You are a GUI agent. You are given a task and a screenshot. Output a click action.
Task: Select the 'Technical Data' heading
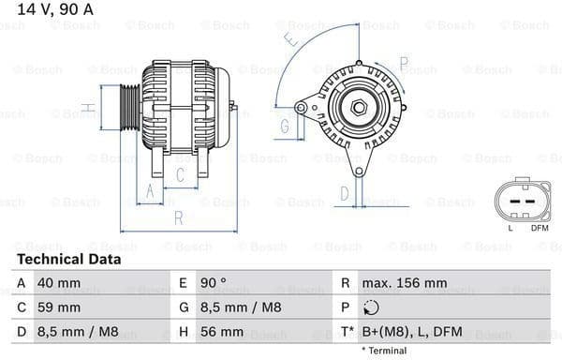pyautogui.click(x=68, y=259)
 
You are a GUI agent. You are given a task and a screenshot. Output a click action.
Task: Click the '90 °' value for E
pyautogui.click(x=214, y=282)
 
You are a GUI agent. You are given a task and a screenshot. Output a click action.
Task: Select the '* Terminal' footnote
pyautogui.click(x=384, y=351)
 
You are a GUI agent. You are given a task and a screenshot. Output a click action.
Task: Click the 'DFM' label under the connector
pyautogui.click(x=540, y=228)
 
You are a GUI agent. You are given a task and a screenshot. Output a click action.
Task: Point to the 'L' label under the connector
pyautogui.click(x=510, y=228)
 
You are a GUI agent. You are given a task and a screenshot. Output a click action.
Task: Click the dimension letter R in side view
pyautogui.click(x=177, y=218)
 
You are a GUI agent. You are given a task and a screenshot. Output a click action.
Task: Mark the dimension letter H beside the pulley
pyautogui.click(x=86, y=109)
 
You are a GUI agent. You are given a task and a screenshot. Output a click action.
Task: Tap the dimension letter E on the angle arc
pyautogui.click(x=292, y=41)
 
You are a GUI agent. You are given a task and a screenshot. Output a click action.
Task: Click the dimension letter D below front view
pyautogui.click(x=344, y=193)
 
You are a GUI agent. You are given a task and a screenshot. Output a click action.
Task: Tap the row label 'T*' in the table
pyautogui.click(x=347, y=333)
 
